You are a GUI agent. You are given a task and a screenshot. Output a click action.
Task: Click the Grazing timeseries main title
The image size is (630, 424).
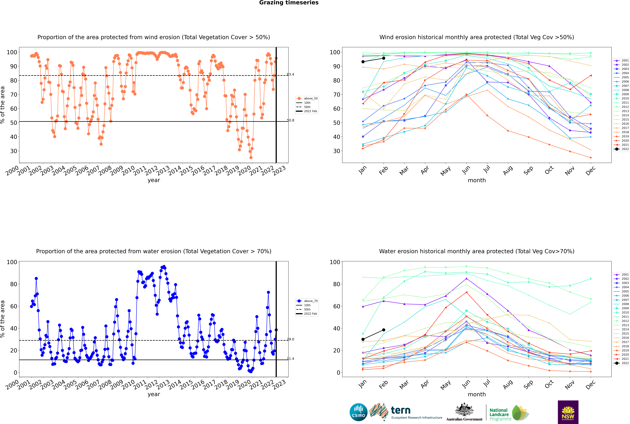pos(289,3)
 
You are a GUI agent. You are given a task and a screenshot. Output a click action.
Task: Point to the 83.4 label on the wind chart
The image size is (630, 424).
pos(290,74)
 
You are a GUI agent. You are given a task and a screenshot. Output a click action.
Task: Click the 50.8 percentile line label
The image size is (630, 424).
pos(290,120)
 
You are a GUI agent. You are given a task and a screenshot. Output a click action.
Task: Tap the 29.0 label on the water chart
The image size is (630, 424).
pos(290,339)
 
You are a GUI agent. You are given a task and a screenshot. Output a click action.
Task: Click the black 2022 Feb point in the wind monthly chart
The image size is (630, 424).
pos(384,58)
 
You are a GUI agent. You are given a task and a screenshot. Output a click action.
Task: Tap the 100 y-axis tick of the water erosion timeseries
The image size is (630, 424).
pos(12,262)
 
